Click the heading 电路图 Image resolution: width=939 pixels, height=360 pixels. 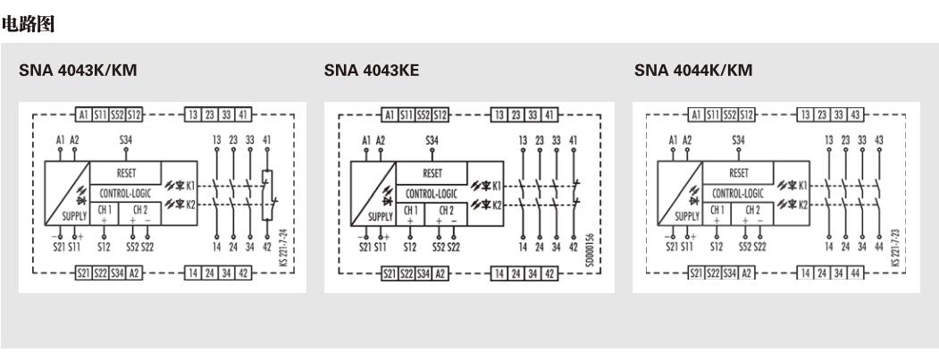click(29, 24)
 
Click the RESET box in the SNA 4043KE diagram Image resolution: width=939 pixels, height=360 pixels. click(432, 172)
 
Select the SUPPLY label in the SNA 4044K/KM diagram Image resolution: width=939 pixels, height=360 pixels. click(687, 215)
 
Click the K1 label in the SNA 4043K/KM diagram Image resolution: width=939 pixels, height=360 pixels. click(190, 185)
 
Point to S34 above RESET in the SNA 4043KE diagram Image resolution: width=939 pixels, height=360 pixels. click(432, 140)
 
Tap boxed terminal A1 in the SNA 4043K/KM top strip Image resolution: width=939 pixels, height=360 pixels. click(82, 114)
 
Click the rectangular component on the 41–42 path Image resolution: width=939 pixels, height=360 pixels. click(265, 193)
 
